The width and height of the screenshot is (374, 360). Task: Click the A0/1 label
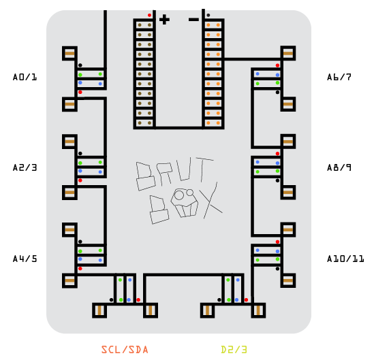[25, 77]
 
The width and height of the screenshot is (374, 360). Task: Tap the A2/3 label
[25, 167]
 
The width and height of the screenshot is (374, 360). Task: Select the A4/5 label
[25, 259]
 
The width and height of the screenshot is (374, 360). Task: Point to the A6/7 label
[339, 77]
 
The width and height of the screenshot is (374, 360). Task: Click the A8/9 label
[339, 167]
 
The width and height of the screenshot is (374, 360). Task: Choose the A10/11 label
[345, 259]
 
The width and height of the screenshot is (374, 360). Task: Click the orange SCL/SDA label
[125, 350]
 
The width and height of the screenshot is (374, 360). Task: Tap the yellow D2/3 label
[234, 350]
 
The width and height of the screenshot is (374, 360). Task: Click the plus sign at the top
[164, 20]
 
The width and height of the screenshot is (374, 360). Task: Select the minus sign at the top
[193, 20]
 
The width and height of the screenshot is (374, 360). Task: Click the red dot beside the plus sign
[149, 15]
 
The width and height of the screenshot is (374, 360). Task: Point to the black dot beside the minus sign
[208, 15]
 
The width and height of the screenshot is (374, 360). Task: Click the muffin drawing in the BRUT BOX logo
[185, 203]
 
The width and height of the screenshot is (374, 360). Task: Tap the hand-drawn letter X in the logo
[213, 201]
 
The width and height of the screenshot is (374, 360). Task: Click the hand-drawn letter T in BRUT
[204, 169]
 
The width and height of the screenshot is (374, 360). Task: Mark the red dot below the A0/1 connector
[80, 92]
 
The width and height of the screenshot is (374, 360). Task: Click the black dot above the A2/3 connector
[80, 153]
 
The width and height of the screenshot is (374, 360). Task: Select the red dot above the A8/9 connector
[277, 154]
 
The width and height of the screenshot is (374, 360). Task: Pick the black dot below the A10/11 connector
[277, 269]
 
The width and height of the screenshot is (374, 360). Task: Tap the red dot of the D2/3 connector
[246, 299]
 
